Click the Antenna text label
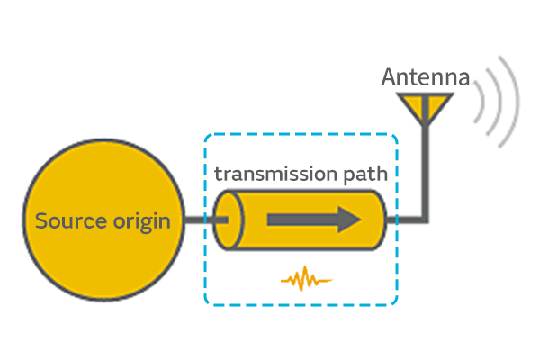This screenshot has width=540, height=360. point(426,78)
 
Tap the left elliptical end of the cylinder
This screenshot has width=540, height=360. point(226,219)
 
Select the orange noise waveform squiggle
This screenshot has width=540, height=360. point(306,278)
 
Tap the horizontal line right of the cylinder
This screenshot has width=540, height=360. point(410,219)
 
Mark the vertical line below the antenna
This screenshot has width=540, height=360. point(426,171)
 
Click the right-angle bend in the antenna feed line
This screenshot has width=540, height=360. point(426,219)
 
